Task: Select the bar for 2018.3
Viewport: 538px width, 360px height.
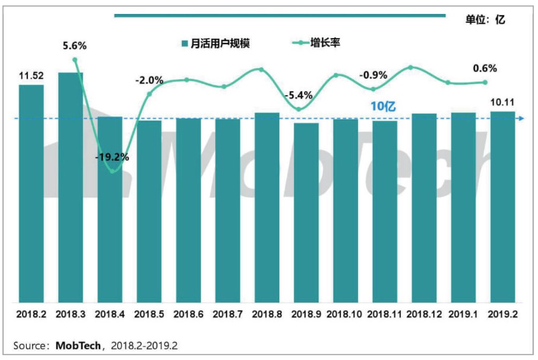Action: click(70, 187)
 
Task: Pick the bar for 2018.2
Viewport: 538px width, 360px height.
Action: click(31, 193)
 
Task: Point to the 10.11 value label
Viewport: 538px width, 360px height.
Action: click(503, 102)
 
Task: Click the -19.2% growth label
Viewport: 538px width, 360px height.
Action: click(112, 158)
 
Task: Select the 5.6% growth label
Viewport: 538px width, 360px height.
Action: click(74, 46)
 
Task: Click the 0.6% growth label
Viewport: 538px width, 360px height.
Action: click(485, 69)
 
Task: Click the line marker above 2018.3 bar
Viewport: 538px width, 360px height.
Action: click(75, 59)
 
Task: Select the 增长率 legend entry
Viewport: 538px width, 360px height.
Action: click(318, 43)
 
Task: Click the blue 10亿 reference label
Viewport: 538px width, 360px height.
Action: click(383, 107)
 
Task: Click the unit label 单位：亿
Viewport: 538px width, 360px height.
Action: click(484, 20)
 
